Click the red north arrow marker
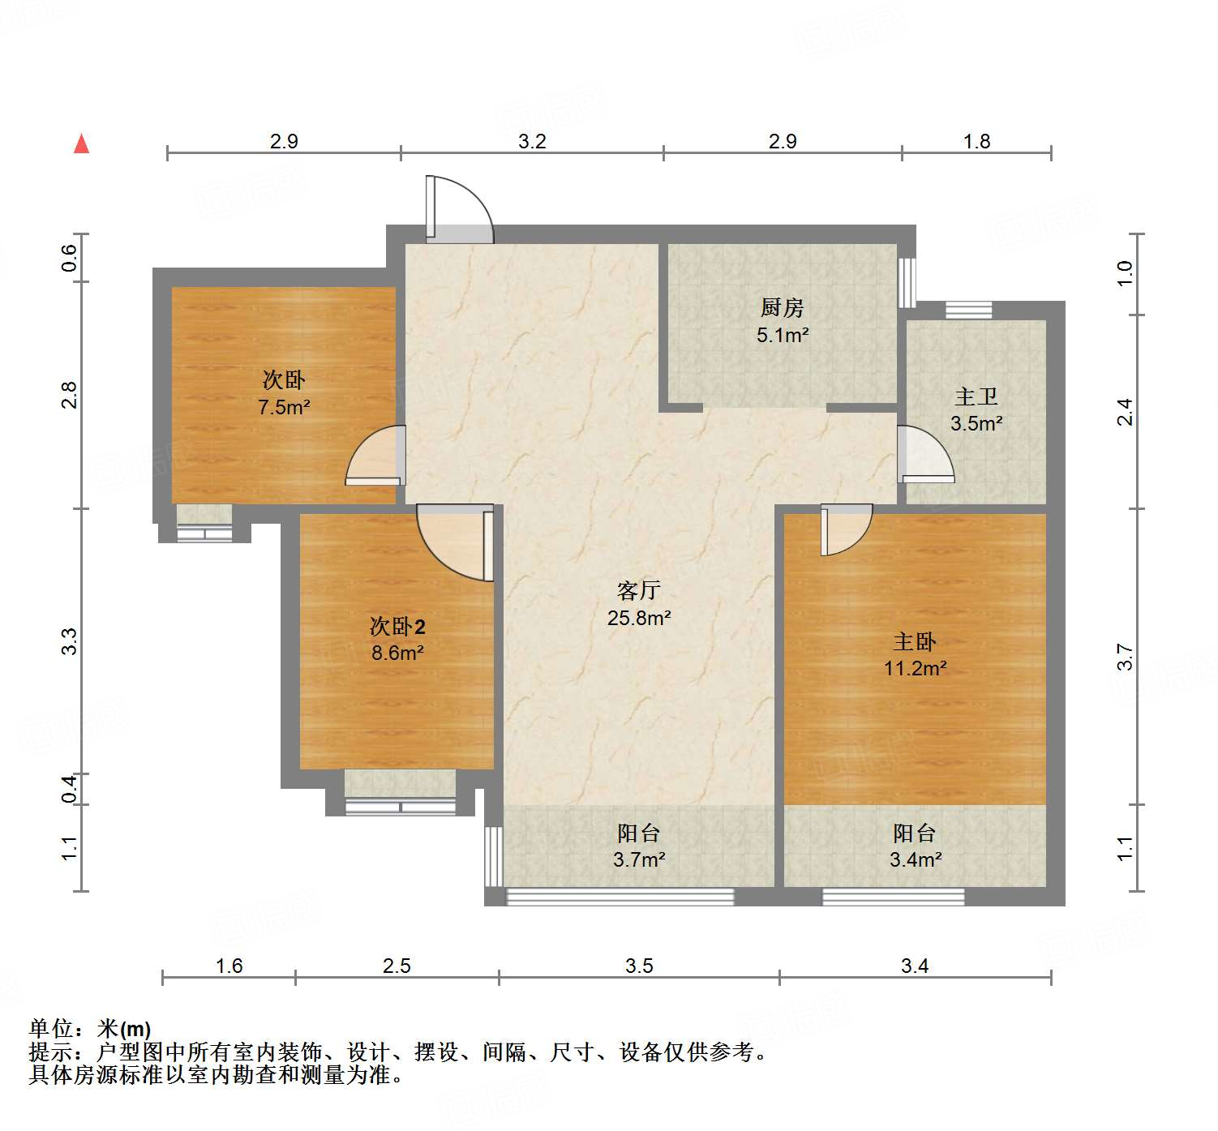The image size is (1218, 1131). pos(81,144)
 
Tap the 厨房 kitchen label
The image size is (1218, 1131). pos(783,307)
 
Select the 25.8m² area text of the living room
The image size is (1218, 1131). pos(639,618)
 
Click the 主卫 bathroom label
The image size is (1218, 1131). pos(976,396)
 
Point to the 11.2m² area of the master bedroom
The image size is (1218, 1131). pos(915,668)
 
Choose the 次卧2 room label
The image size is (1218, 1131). pos(397,626)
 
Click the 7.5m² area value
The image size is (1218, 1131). pos(284,407)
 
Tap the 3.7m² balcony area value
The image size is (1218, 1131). pos(639,859)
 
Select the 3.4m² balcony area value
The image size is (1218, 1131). pos(915,859)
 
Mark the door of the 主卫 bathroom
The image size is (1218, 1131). pos(924,454)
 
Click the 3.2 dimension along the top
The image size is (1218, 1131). pos(532,141)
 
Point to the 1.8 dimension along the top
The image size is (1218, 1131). pos(976,141)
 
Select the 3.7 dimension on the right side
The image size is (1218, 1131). pos(1124,657)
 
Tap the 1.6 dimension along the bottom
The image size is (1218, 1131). pos(229,966)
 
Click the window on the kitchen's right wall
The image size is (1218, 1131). pos(907,282)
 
